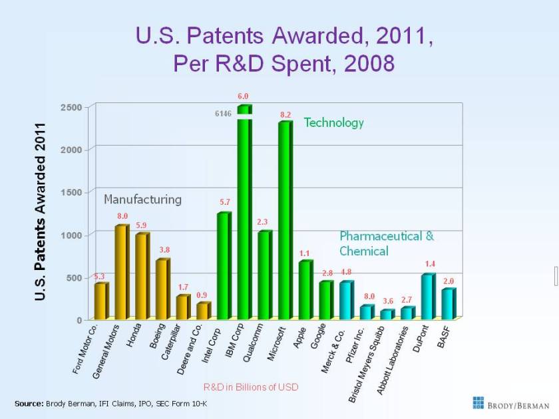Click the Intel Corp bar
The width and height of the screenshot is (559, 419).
[224, 266]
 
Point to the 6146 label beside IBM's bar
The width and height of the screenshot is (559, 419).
[223, 114]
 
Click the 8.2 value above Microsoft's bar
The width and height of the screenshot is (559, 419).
[285, 114]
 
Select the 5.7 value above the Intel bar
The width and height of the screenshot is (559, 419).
[225, 201]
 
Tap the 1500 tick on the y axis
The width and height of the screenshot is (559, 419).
[73, 192]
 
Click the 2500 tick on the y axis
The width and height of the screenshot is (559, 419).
[73, 107]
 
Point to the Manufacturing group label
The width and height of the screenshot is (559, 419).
[142, 199]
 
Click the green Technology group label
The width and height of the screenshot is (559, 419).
[334, 122]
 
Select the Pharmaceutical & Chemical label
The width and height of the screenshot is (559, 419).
[386, 243]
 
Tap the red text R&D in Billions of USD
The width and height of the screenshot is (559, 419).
[251, 386]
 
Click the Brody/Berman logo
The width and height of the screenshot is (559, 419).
[511, 403]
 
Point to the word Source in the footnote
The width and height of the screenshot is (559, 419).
[29, 404]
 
